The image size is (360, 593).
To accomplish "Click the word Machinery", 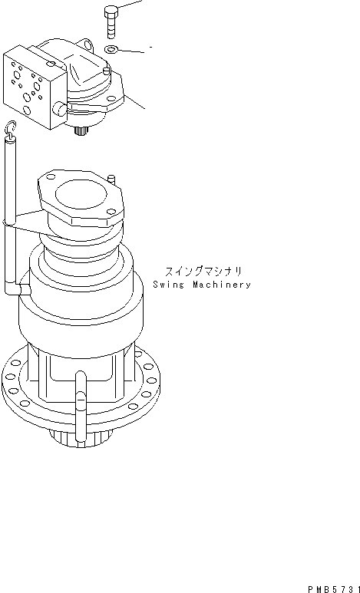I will [x=220, y=285].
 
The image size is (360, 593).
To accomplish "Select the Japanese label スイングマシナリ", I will [x=197, y=271].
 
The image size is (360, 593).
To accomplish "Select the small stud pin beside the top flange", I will [x=113, y=180].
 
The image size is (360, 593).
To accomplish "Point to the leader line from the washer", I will [x=130, y=51].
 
